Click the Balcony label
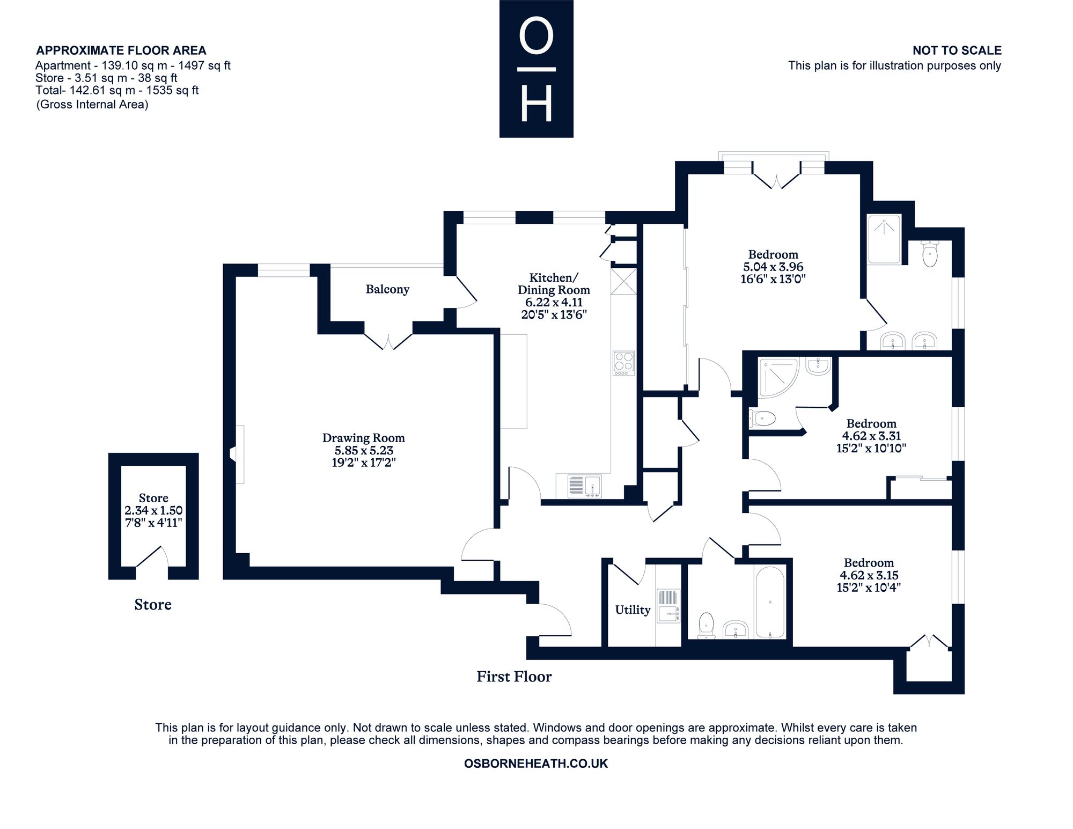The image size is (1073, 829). click(387, 289)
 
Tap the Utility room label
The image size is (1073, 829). click(633, 610)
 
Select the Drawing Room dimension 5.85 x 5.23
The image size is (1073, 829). click(363, 450)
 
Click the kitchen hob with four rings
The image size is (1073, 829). click(623, 363)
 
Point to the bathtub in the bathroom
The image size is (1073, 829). click(770, 603)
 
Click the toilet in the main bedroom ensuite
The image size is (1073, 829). click(930, 254)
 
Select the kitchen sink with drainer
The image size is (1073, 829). click(584, 486)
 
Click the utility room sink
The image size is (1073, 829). click(668, 606)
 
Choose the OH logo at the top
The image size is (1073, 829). click(536, 69)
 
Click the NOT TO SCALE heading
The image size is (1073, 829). click(957, 50)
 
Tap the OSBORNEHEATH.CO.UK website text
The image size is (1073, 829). click(536, 764)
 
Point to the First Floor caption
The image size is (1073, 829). click(514, 677)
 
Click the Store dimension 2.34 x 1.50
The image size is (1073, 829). click(153, 510)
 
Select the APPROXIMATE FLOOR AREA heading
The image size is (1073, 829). click(121, 50)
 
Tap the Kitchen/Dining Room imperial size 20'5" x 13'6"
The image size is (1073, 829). click(554, 314)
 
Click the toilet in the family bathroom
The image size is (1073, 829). click(707, 626)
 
